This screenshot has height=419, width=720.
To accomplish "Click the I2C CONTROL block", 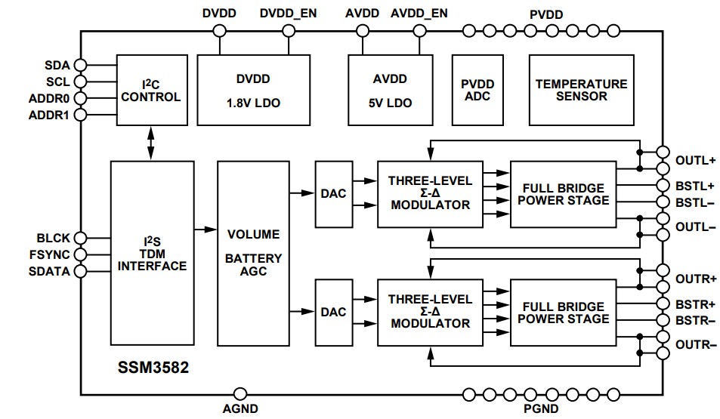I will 151,90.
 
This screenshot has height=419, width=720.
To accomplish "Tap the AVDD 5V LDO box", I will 390,90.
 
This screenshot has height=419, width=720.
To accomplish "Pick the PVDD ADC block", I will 477,90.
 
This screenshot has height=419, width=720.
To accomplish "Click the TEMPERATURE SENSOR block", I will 581,90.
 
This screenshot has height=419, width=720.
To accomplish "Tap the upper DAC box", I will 332,194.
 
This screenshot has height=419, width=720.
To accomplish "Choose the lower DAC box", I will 332,312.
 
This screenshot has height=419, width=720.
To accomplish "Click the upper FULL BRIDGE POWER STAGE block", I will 560,194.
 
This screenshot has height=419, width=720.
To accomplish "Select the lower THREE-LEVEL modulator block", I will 430,312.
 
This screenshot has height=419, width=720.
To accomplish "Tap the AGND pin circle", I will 240,393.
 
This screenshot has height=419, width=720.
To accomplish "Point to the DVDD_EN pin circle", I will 289,31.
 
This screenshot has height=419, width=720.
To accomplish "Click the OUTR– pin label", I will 696,344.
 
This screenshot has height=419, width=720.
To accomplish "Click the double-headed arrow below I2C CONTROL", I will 151,143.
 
